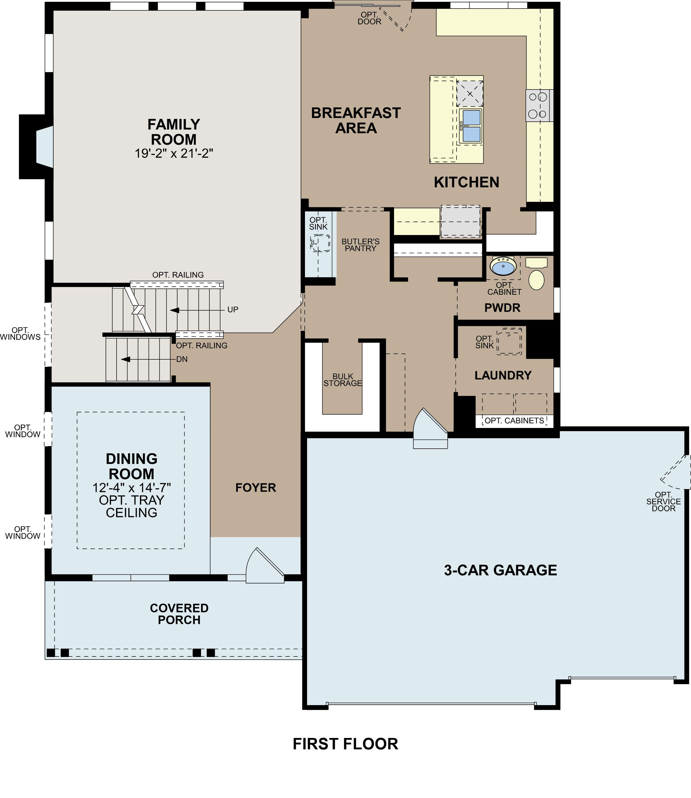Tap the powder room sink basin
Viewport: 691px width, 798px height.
(x=503, y=266)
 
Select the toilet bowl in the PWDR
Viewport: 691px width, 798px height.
(x=536, y=280)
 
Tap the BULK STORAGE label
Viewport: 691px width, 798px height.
(x=343, y=380)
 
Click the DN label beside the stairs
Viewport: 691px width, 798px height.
(x=182, y=359)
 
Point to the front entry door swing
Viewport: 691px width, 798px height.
(x=264, y=566)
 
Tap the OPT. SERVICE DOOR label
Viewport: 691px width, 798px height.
(x=663, y=502)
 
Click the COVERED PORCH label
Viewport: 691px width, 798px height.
(x=179, y=614)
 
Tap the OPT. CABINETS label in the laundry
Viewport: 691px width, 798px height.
(x=514, y=420)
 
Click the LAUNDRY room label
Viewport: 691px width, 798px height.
(x=503, y=375)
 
